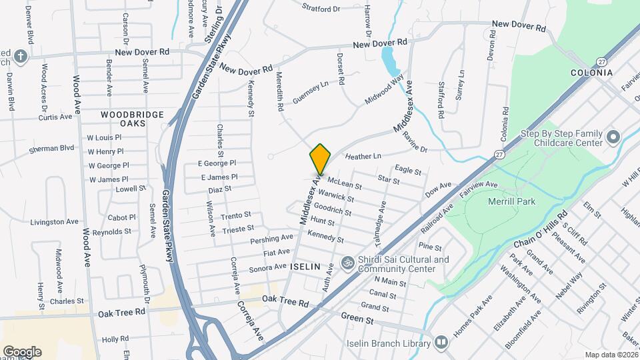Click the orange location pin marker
pos(321,159)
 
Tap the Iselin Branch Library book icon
pos(441,343)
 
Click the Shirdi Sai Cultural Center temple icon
pos(346,263)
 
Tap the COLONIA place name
pos(591,73)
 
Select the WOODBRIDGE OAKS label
pos(132,119)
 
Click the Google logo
pos(22,351)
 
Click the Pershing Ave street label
pos(272,239)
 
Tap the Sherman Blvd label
pos(52,149)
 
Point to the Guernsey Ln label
pos(311,89)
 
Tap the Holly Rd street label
pos(115,339)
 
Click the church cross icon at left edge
pos(21,56)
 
